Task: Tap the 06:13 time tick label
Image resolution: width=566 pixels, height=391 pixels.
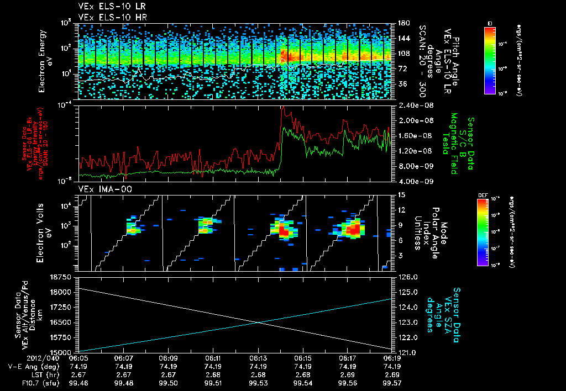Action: pyautogui.click(x=258, y=358)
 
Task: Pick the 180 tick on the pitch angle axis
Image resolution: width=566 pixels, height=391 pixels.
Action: pyautogui.click(x=402, y=23)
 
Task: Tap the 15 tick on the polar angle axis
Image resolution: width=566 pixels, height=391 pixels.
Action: pyautogui.click(x=401, y=194)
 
